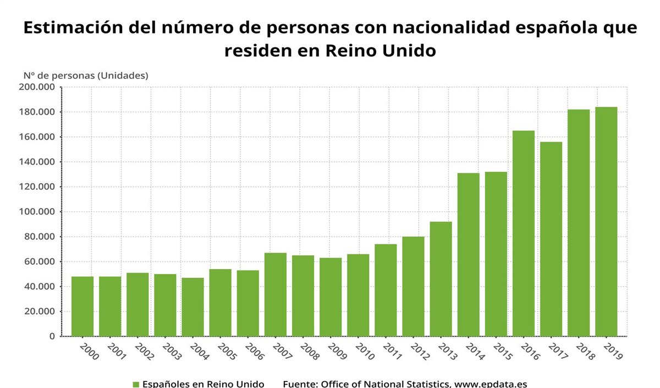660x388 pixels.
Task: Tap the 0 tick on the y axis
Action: (52, 336)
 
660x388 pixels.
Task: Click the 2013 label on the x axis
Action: (447, 352)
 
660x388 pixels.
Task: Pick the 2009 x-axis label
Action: (337, 352)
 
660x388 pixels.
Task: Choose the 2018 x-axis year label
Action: (585, 352)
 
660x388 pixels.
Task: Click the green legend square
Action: (136, 384)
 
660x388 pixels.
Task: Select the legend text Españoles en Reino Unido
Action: (203, 384)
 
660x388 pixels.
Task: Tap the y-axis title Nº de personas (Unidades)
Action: (86, 75)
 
